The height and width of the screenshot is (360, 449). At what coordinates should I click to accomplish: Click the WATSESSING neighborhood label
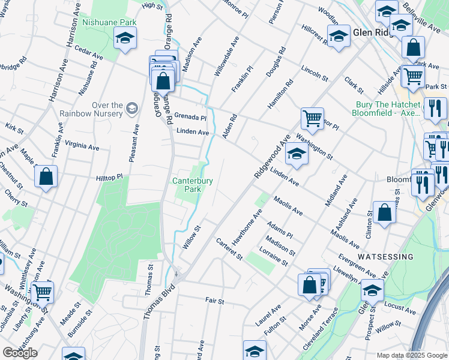point(385,256)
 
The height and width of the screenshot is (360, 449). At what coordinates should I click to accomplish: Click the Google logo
point(20,353)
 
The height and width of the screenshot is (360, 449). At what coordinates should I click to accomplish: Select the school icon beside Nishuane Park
point(124,39)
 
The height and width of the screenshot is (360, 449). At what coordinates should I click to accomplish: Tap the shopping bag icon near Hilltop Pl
point(46,177)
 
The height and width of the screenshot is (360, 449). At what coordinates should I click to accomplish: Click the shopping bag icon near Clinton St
point(384,212)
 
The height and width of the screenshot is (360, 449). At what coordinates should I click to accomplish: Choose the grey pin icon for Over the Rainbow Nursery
point(131,109)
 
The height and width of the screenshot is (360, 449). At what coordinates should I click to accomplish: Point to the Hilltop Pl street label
point(109,178)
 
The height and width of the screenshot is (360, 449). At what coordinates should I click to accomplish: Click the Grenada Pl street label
point(191,118)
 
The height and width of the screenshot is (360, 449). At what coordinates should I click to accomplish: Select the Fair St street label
point(214,300)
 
